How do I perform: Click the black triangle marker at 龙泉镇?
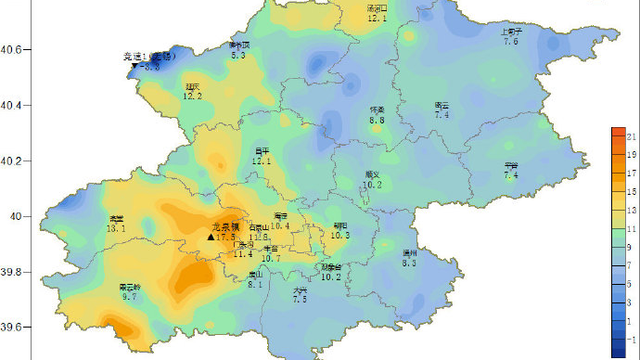tap(211, 238)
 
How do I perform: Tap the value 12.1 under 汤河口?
tap(377, 18)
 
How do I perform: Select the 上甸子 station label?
tap(512, 31)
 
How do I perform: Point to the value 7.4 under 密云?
tap(442, 115)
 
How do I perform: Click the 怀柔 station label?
tap(378, 109)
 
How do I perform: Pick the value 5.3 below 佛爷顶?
tap(238, 56)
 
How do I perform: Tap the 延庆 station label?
tap(191, 86)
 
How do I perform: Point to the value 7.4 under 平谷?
tap(511, 175)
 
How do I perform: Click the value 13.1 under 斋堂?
tap(116, 228)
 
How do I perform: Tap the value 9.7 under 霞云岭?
tap(129, 297)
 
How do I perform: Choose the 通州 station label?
tap(410, 252)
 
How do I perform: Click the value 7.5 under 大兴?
tap(300, 300)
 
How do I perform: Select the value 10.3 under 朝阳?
tap(340, 236)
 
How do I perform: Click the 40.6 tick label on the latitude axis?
tap(13, 50)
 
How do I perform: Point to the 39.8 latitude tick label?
tap(13, 272)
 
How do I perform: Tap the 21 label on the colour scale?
tap(631, 136)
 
